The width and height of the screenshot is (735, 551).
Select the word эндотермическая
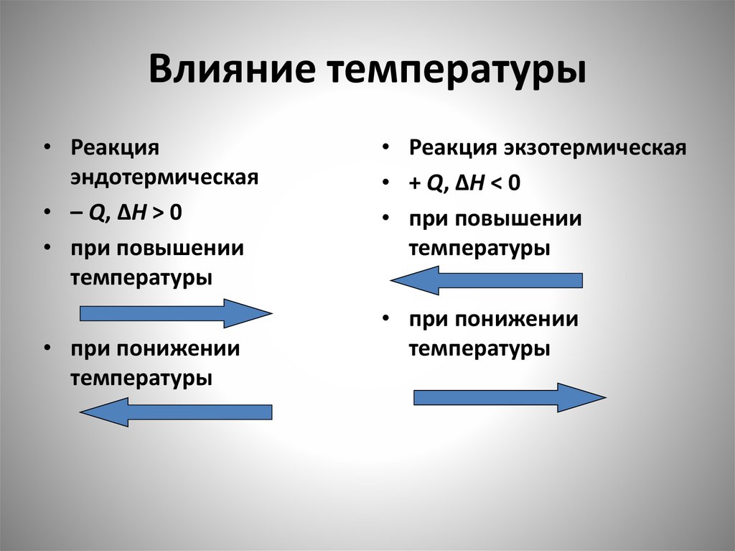[164, 177]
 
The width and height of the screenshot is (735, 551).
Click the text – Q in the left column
[88, 213]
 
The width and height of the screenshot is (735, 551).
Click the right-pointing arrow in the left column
[175, 313]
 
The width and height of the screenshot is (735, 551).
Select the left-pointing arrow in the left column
[175, 412]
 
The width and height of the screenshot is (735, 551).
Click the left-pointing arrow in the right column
[486, 280]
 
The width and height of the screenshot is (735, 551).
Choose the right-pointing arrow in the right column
[510, 397]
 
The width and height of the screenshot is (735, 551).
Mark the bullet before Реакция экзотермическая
[386, 148]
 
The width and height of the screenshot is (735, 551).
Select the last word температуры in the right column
[479, 350]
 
